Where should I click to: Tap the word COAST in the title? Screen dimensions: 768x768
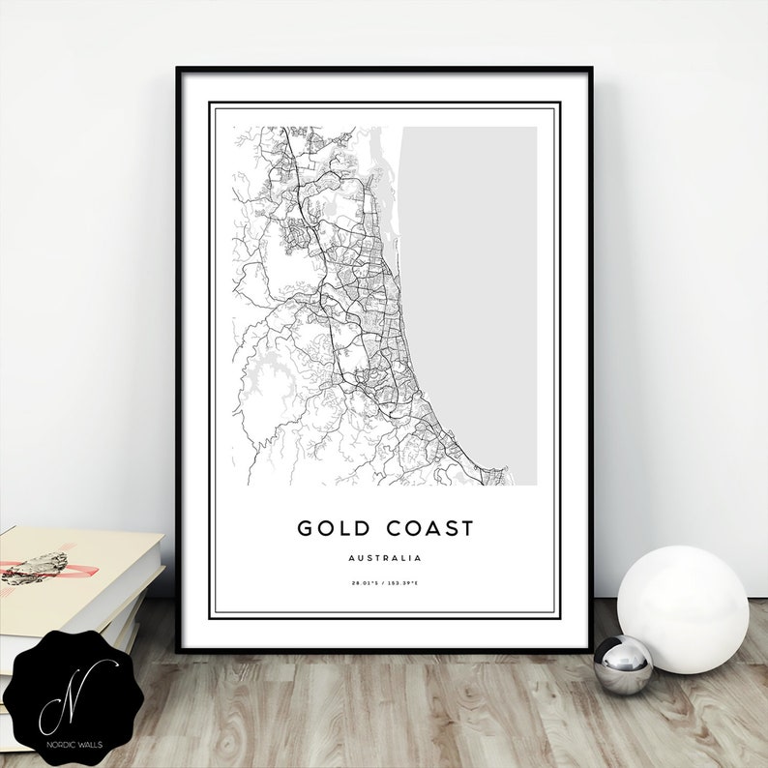coord(428,528)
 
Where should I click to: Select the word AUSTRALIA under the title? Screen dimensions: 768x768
coord(385,558)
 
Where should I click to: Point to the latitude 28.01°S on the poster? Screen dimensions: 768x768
coord(367,582)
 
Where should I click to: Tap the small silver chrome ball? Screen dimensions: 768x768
coord(622,665)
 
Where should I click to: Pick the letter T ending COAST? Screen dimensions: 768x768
coord(467,528)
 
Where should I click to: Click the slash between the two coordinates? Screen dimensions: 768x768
coord(384,582)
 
